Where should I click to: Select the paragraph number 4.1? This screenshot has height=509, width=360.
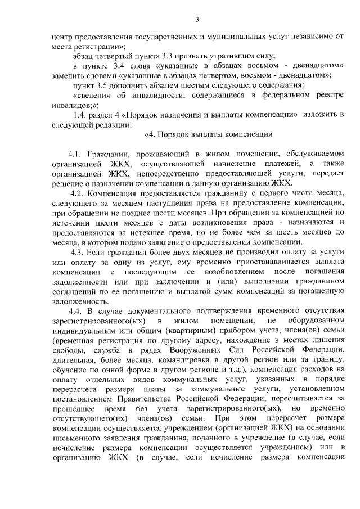coord(75,154)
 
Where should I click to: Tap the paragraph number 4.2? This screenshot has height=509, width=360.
coord(76,193)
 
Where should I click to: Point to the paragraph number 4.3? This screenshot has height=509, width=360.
coord(76,250)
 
